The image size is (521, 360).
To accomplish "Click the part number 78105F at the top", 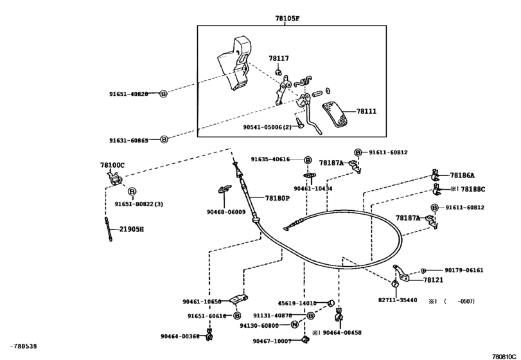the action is pyautogui.click(x=287, y=19).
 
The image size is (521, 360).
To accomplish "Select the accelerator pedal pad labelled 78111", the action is pyautogui.click(x=334, y=115).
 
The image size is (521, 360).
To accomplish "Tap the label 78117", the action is pyautogui.click(x=279, y=59).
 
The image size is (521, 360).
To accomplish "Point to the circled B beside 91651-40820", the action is pyautogui.click(x=163, y=94).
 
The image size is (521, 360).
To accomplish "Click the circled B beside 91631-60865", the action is pyautogui.click(x=164, y=139).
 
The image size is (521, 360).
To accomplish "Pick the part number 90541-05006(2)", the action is pyautogui.click(x=267, y=127).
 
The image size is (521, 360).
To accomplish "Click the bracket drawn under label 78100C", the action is pyautogui.click(x=115, y=179).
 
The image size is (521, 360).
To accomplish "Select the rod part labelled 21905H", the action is pyautogui.click(x=109, y=229).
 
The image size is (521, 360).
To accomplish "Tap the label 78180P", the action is pyautogui.click(x=278, y=199).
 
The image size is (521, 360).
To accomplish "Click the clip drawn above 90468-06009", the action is pyautogui.click(x=224, y=188).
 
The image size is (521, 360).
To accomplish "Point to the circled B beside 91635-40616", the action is pyautogui.click(x=308, y=160).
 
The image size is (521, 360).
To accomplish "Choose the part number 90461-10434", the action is pyautogui.click(x=313, y=188).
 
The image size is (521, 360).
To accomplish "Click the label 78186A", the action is pyautogui.click(x=462, y=175).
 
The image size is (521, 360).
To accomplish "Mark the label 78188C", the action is pyautogui.click(x=473, y=190).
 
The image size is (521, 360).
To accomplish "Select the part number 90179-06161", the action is pyautogui.click(x=464, y=270).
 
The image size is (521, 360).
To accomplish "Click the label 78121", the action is pyautogui.click(x=433, y=280).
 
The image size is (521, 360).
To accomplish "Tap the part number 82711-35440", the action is pyautogui.click(x=398, y=300).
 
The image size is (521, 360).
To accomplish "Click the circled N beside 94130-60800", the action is pyautogui.click(x=294, y=325).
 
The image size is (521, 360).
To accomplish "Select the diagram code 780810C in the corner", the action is pyautogui.click(x=504, y=357).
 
